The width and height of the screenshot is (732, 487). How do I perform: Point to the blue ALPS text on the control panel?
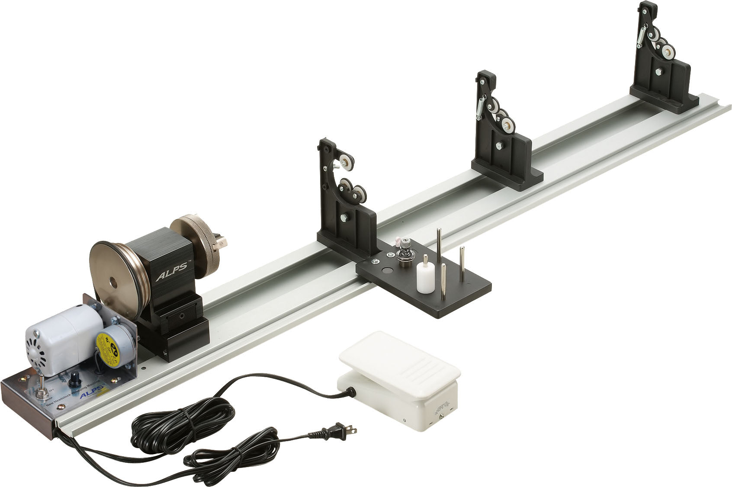point(90,396)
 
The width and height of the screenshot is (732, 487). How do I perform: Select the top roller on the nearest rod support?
point(347,162)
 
